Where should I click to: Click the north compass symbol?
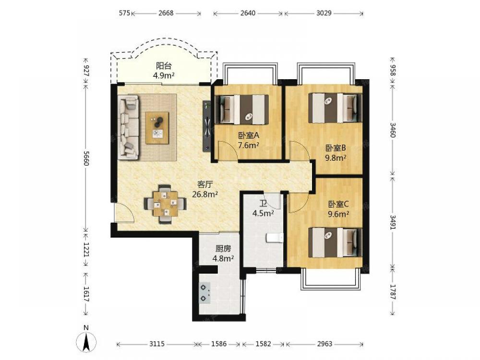pyautogui.click(x=86, y=341)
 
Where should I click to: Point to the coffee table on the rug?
pyautogui.click(x=157, y=128)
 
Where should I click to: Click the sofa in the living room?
pyautogui.click(x=129, y=127)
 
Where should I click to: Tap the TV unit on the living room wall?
pyautogui.click(x=206, y=126)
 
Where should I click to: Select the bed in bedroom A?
pyautogui.click(x=242, y=109)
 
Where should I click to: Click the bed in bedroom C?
pyautogui.click(x=335, y=242)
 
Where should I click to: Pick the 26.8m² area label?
pyautogui.click(x=205, y=194)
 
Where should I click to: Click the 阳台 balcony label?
pyautogui.click(x=164, y=66)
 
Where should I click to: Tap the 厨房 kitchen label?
pyautogui.click(x=223, y=249)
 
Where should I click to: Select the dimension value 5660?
pyautogui.click(x=86, y=158)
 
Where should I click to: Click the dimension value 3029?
pyautogui.click(x=324, y=13)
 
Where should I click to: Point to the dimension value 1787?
pyautogui.click(x=393, y=292)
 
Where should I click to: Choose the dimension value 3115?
pyautogui.click(x=157, y=344)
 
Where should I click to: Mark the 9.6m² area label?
pyautogui.click(x=338, y=214)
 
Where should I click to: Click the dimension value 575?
pyautogui.click(x=124, y=13)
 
